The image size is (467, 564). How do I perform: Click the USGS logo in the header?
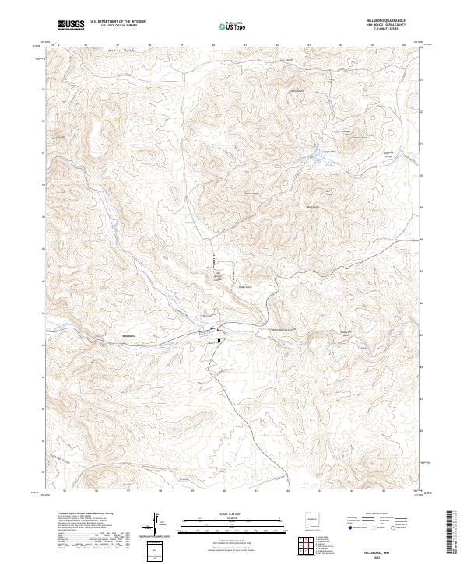71,26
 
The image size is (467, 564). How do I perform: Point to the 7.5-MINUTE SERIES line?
388,30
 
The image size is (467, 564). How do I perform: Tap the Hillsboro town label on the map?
129,336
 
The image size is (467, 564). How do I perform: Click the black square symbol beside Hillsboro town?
219,340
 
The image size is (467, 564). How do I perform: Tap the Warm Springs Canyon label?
285,330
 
